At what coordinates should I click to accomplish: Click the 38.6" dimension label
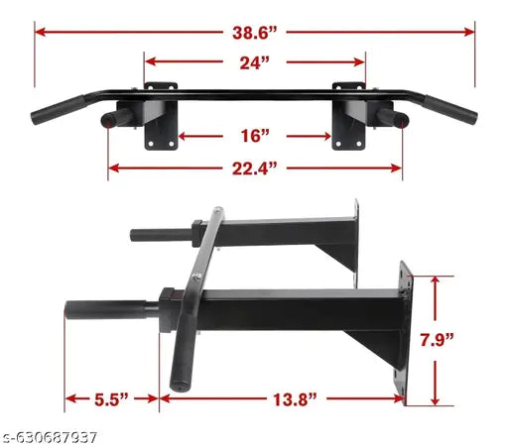pyautogui.click(x=255, y=32)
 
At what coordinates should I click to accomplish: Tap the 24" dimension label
pyautogui.click(x=254, y=62)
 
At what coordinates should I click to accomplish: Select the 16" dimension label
pyautogui.click(x=255, y=134)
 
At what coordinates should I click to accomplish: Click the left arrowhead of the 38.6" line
pyautogui.click(x=40, y=32)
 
